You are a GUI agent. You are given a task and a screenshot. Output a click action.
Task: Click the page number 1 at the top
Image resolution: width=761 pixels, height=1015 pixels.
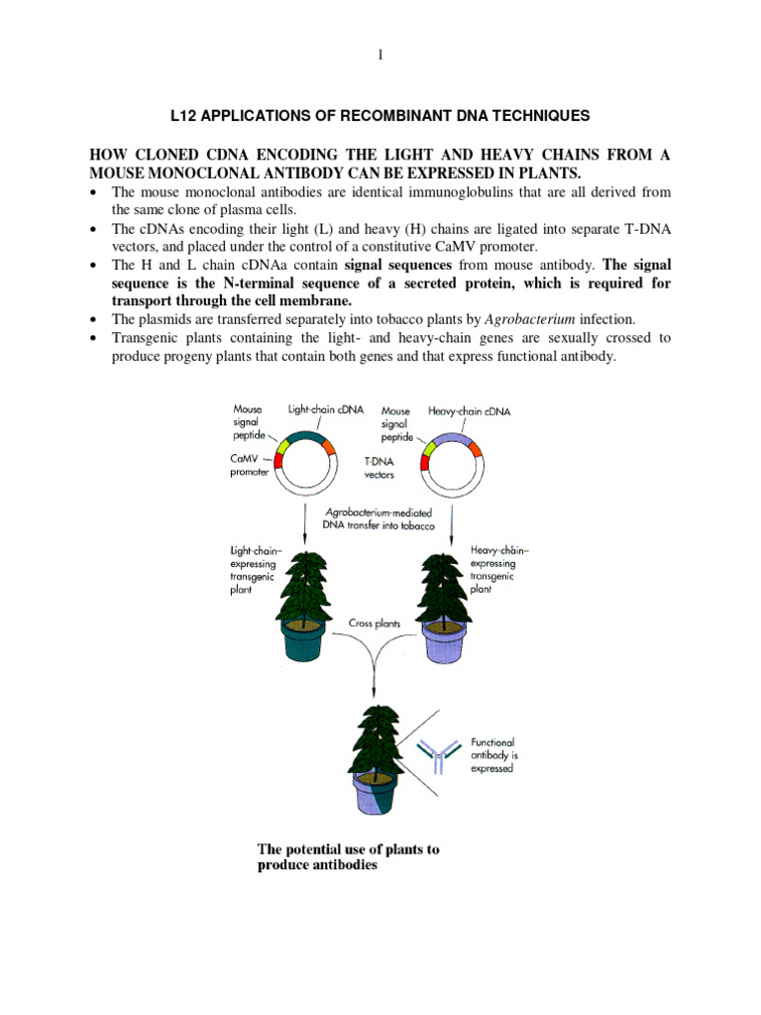380,55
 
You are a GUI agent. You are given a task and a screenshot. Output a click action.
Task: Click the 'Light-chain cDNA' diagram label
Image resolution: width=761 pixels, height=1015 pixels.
326,408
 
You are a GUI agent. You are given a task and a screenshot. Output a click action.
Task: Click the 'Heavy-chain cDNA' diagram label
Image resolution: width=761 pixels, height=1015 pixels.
470,409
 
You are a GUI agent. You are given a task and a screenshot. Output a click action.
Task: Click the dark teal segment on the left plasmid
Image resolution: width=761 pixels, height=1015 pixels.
306,437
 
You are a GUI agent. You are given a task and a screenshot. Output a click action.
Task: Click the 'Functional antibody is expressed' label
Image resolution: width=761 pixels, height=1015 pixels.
492,755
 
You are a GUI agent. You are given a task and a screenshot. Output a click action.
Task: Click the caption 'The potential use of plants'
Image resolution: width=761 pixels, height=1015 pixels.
348,849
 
